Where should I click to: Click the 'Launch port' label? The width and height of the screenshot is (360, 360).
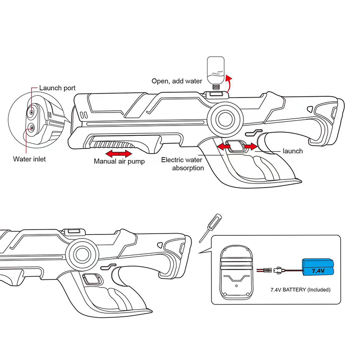(x=57, y=88)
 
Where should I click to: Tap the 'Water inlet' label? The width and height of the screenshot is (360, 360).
(x=29, y=159)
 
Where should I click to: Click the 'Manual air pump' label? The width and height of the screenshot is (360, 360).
(x=119, y=161)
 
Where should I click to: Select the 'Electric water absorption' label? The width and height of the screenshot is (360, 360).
(x=182, y=163)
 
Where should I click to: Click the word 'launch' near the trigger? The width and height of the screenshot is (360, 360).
(x=292, y=151)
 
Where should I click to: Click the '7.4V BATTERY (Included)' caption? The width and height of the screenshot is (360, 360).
(x=300, y=290)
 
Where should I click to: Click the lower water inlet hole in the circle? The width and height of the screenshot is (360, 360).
(x=32, y=128)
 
